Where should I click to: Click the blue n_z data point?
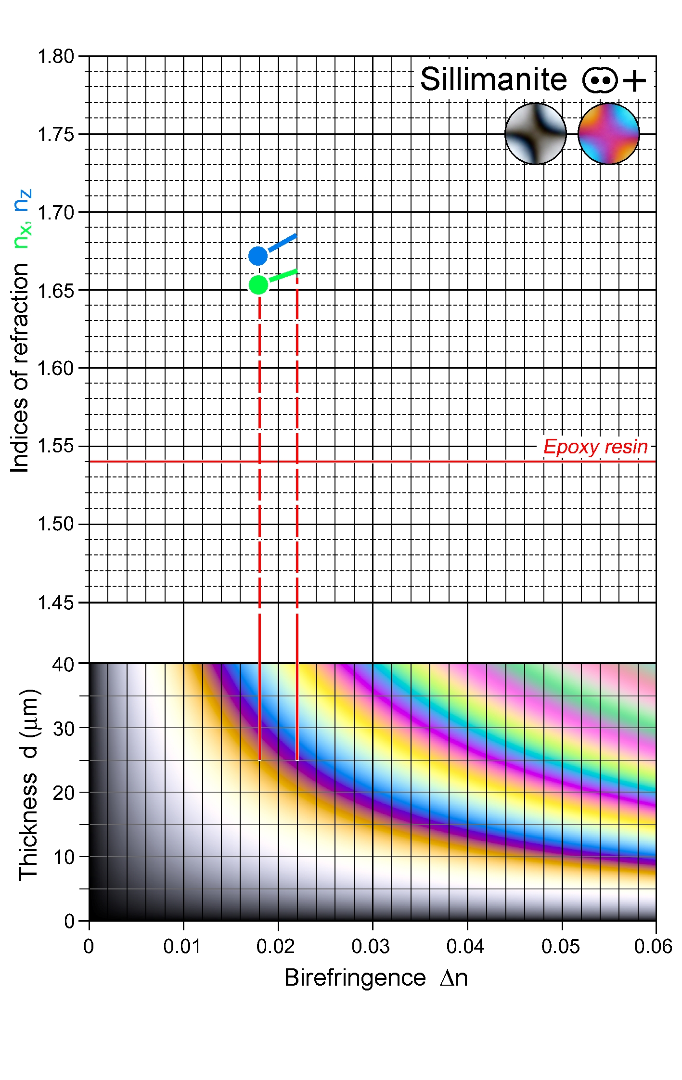click(258, 256)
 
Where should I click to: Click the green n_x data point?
click(258, 285)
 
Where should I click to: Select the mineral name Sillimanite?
click(493, 79)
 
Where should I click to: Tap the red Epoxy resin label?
click(595, 447)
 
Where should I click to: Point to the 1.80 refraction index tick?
click(55, 57)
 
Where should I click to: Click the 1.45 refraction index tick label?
click(55, 602)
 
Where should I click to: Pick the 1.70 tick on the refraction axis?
click(55, 212)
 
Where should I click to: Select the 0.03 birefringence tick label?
click(370, 946)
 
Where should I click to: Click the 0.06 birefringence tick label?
click(653, 946)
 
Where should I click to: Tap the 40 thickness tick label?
click(63, 665)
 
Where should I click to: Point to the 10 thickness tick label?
click(63, 857)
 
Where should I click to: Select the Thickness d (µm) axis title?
click(29, 785)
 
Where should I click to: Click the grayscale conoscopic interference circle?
click(535, 134)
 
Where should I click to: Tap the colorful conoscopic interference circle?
click(608, 134)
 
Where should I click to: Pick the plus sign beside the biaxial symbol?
click(634, 80)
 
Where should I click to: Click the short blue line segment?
click(283, 243)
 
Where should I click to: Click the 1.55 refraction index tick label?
click(55, 446)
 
